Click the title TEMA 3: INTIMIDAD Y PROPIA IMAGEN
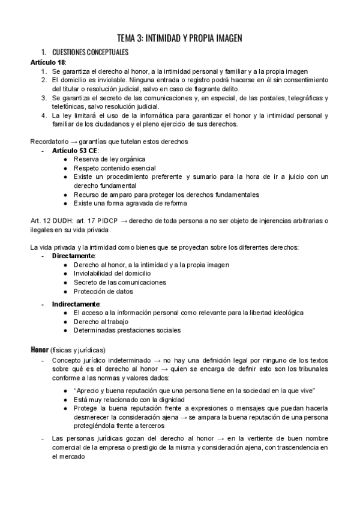pyautogui.click(x=179, y=38)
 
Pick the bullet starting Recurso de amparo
pyautogui.click(x=166, y=194)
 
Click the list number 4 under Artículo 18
pyautogui.click(x=43, y=115)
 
